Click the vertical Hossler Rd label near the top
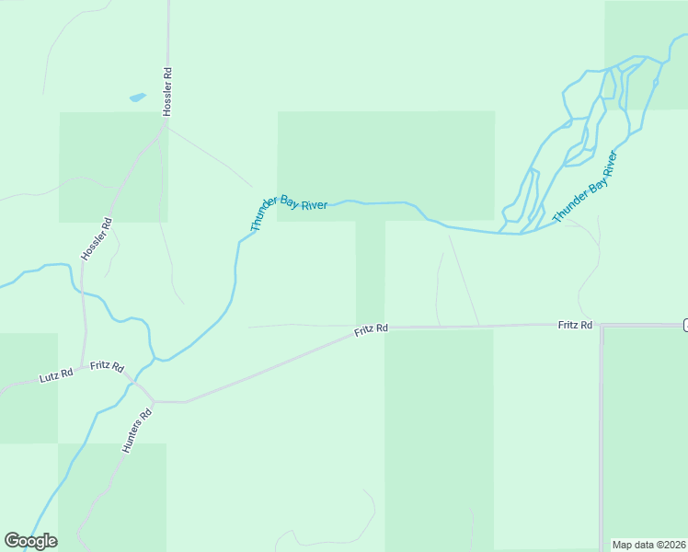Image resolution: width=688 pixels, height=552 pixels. (x=167, y=91)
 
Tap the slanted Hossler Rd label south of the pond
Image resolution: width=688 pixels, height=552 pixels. (x=96, y=239)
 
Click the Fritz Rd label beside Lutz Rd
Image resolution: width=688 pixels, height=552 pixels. (x=108, y=366)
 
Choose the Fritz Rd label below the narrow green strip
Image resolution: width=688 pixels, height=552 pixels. (x=372, y=328)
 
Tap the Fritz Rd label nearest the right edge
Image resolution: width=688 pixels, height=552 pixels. (x=575, y=325)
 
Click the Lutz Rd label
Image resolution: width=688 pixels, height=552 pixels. (x=56, y=376)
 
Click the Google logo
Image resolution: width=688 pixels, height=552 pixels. (x=30, y=541)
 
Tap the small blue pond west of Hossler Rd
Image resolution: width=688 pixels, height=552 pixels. (x=137, y=97)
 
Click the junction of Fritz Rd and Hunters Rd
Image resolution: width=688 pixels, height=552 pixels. (x=153, y=401)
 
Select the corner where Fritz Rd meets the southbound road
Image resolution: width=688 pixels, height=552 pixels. (x=602, y=326)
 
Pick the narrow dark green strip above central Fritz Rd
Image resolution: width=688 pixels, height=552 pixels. (x=370, y=271)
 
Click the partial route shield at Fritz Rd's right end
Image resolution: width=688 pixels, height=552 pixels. (x=685, y=325)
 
